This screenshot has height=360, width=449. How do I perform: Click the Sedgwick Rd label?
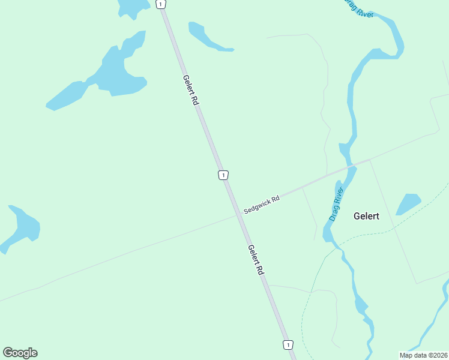[x=262, y=205]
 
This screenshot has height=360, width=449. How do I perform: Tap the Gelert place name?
[x=366, y=216]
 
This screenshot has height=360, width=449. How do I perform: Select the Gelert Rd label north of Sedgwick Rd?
[x=190, y=91]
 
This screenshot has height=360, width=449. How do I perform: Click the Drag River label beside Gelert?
[x=338, y=205]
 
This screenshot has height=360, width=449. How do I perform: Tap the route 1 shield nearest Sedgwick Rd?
[x=223, y=175]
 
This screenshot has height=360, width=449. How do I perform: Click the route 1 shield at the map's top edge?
[x=160, y=4]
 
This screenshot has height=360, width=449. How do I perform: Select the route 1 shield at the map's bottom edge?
[x=289, y=344]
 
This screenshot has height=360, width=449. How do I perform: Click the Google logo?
[x=20, y=353]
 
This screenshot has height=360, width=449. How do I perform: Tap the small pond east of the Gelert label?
[x=409, y=203]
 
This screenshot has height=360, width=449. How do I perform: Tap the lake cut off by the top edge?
[x=132, y=7]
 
